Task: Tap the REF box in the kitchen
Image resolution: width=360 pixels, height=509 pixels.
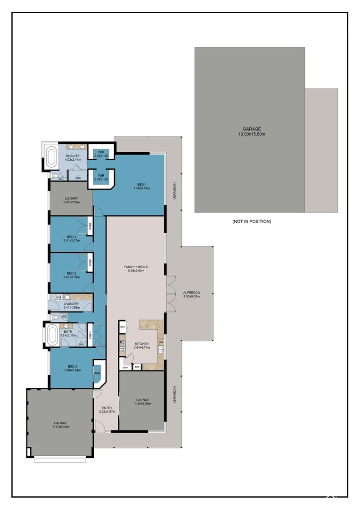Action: click(x=123, y=327)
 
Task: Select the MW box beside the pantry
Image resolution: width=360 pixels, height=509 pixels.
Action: click(x=137, y=366)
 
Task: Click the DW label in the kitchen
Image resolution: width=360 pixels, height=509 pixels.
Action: click(x=161, y=342)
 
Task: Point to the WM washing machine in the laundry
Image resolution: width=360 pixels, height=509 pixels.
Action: click(x=58, y=297)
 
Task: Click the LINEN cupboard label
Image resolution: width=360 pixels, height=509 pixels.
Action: click(x=90, y=335)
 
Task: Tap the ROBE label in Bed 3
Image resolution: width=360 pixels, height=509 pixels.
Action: click(x=90, y=226)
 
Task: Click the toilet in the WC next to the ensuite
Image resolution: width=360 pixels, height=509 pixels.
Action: click(x=55, y=175)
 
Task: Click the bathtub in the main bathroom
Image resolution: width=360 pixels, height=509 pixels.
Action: click(x=52, y=335)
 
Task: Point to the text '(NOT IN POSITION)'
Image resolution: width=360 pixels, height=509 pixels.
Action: click(x=252, y=221)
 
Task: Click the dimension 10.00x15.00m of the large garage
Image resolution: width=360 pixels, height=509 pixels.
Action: click(x=252, y=134)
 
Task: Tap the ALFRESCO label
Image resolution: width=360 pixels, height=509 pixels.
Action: click(x=192, y=293)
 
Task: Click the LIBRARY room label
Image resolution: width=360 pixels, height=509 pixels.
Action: click(x=71, y=198)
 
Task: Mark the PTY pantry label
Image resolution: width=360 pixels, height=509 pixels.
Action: click(x=125, y=367)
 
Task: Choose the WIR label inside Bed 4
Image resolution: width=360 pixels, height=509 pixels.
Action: click(x=98, y=373)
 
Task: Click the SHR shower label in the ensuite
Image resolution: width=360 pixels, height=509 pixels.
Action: click(x=78, y=178)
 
